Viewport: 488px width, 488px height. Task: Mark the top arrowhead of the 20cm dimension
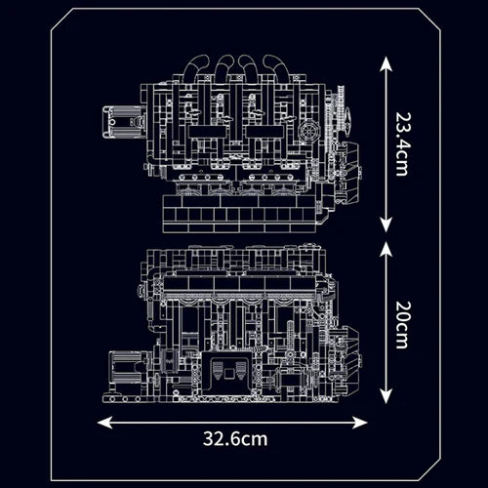[386, 246]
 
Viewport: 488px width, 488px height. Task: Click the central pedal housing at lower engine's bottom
[233, 375]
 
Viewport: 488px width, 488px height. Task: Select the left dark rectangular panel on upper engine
[207, 133]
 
